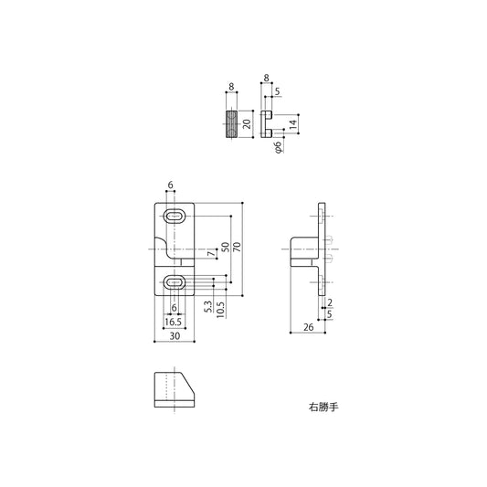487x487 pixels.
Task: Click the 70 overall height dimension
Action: click(x=237, y=249)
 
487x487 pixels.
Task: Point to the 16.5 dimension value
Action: click(x=173, y=321)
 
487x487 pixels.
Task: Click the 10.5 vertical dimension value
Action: click(x=221, y=308)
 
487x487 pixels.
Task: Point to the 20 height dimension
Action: click(x=246, y=123)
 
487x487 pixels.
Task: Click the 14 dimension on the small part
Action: click(x=292, y=123)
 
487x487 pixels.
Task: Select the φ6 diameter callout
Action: click(x=278, y=146)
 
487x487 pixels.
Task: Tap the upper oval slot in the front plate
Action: click(x=174, y=217)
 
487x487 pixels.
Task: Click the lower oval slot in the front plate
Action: click(x=174, y=282)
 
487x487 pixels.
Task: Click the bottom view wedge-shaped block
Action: click(x=174, y=392)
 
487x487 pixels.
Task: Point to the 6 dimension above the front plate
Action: click(x=171, y=185)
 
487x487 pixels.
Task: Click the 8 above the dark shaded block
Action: click(x=231, y=88)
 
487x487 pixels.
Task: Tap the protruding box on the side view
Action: click(x=302, y=249)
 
